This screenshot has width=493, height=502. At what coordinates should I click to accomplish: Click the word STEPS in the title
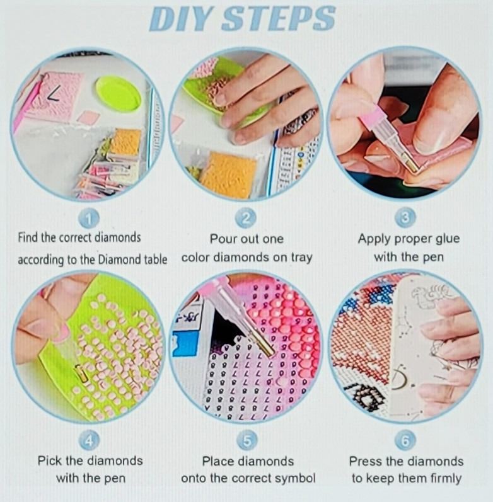278,19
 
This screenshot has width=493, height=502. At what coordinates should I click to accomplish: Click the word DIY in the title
181,19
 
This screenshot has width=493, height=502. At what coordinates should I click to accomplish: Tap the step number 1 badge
89,219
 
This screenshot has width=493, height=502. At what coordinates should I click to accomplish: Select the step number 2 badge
246,219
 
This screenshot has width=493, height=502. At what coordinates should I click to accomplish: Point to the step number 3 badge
405,218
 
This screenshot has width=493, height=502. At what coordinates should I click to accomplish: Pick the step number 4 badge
89,441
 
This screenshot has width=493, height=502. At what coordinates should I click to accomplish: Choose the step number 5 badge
247,440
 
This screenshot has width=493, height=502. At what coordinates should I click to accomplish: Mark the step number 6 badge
405,440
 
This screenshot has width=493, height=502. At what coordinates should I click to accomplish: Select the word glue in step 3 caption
447,239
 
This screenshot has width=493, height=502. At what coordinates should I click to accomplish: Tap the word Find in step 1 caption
28,237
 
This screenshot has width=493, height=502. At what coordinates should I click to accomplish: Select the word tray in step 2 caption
301,258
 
